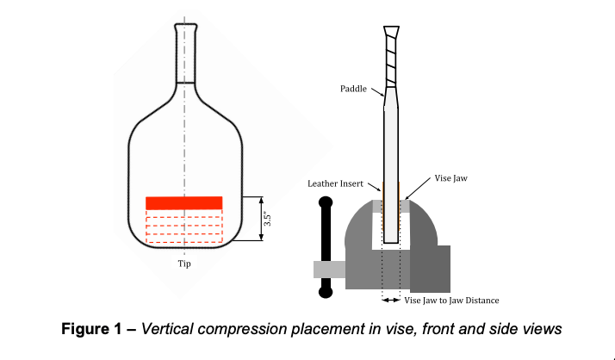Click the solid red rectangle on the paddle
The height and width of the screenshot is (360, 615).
184,202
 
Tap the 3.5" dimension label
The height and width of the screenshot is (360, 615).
269,219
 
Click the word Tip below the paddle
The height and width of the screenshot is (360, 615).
184,264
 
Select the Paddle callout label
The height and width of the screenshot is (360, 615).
352,88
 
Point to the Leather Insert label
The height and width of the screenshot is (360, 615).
335,183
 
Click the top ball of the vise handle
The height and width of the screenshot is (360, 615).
326,203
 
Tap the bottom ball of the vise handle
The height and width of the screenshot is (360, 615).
326,292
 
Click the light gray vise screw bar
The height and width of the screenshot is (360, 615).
329,269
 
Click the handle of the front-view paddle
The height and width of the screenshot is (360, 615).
184,52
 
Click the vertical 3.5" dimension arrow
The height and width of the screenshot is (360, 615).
259,219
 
